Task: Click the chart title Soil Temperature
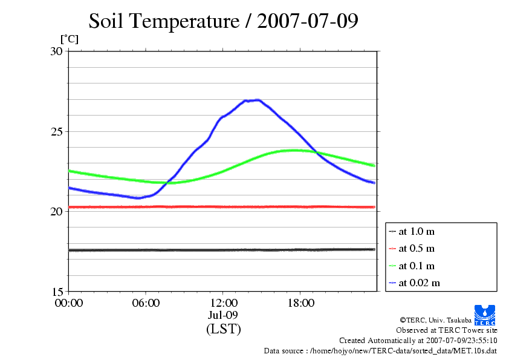click(x=164, y=21)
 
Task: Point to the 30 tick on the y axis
click(x=56, y=51)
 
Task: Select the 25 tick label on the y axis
click(x=56, y=131)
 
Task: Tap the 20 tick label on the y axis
click(x=56, y=211)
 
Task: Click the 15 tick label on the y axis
click(x=56, y=291)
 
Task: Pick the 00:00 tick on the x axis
click(x=68, y=303)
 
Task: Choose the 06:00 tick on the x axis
click(x=146, y=303)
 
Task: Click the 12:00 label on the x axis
click(x=223, y=303)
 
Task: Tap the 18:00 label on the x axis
click(x=300, y=303)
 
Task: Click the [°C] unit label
click(x=69, y=39)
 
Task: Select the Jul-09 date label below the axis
click(x=223, y=315)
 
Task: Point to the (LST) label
click(x=223, y=329)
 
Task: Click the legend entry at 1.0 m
click(x=417, y=231)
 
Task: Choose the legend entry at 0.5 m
click(x=417, y=248)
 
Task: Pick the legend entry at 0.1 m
click(x=417, y=266)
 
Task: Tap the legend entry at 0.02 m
click(x=419, y=283)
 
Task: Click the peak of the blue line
click(x=257, y=100)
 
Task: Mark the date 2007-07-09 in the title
click(x=308, y=21)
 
